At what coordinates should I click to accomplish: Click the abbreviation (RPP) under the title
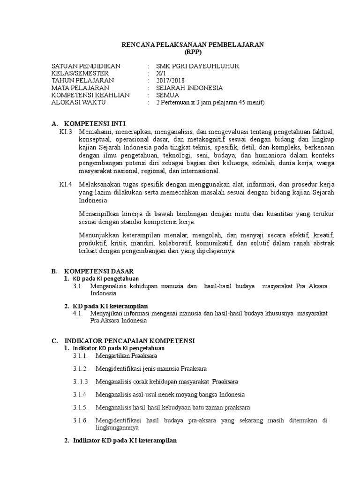point(193,52)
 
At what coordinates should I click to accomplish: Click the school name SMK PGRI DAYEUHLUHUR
point(197,66)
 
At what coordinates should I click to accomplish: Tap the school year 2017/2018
point(171,81)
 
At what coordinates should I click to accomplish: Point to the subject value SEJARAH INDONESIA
point(189,88)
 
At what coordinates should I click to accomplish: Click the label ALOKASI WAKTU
point(79,102)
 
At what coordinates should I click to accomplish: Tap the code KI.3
point(66,132)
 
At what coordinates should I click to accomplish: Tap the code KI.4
point(66,184)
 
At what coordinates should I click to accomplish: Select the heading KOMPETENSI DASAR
point(99,271)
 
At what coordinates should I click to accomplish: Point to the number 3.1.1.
point(80,356)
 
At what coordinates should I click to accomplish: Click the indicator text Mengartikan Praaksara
point(121,356)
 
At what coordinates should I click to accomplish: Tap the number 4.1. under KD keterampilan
point(78,313)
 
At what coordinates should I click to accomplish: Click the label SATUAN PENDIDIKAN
point(86,66)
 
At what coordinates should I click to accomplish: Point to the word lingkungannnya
point(117,428)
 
